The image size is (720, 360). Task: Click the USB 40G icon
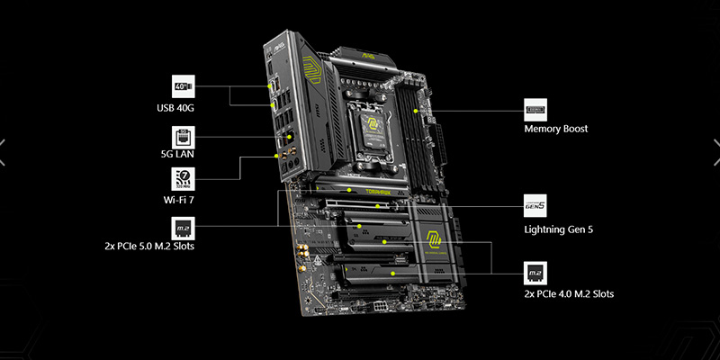[184, 87]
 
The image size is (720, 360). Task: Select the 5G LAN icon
[184, 136]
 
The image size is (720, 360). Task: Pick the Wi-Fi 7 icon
[184, 177]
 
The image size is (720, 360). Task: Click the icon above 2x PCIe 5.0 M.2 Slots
[184, 226]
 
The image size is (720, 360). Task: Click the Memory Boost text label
[556, 129]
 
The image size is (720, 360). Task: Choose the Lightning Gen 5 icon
[535, 205]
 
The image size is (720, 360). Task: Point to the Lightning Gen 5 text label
[559, 229]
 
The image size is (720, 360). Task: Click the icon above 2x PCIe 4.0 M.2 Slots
[535, 272]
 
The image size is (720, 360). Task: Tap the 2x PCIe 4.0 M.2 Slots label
[570, 294]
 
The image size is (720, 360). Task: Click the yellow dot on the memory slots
[415, 111]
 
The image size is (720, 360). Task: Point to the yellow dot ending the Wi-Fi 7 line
[276, 155]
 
